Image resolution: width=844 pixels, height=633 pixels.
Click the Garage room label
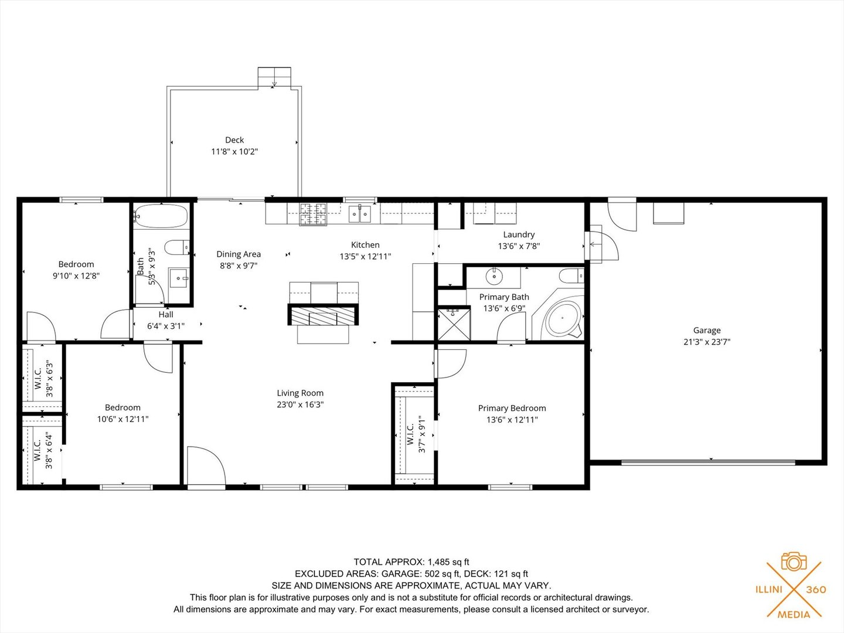[706, 331]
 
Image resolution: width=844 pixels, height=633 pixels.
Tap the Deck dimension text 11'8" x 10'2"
[234, 152]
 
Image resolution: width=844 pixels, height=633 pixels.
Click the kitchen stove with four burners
[313, 214]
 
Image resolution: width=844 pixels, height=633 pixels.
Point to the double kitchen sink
[360, 214]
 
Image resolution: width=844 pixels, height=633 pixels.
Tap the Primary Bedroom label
[512, 409]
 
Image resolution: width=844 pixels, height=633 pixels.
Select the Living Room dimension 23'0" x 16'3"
[300, 404]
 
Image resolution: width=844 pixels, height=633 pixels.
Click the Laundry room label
[519, 234]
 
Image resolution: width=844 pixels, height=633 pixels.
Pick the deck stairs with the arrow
[274, 77]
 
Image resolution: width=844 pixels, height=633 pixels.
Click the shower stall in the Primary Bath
[454, 322]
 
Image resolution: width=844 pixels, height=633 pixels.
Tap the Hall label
[166, 315]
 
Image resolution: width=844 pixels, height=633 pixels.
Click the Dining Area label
[239, 254]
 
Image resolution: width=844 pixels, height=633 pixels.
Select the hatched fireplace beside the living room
[322, 315]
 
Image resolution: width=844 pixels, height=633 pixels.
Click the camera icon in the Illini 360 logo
[794, 562]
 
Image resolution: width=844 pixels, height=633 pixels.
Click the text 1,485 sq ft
[448, 562]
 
